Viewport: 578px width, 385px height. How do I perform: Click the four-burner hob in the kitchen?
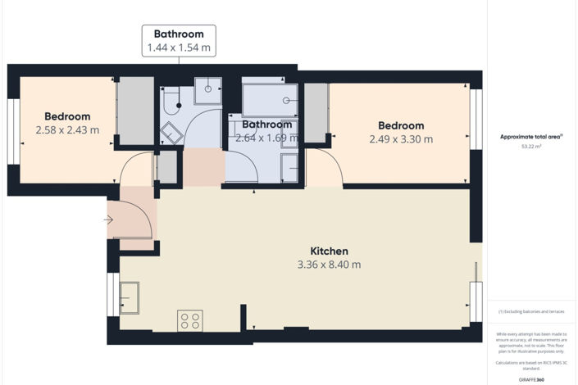190,320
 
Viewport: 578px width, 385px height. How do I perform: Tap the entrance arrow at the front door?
109,220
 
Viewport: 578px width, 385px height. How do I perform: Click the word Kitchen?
329,251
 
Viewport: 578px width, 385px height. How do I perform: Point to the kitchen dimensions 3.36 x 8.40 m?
329,265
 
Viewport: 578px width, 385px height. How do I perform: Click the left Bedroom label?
67,116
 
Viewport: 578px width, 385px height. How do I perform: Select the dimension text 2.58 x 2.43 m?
67,129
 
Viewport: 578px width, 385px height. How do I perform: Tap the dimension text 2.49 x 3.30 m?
401,138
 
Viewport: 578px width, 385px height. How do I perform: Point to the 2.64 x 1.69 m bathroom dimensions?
263,138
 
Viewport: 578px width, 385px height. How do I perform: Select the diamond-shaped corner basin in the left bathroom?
171,132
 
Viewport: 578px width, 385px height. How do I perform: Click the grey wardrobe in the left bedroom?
136,111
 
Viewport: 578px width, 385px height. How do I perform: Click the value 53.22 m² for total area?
534,147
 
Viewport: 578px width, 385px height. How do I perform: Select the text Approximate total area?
532,137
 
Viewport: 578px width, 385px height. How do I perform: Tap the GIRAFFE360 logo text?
533,379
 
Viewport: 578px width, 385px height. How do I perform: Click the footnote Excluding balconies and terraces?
533,312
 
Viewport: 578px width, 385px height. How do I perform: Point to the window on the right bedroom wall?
475,119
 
